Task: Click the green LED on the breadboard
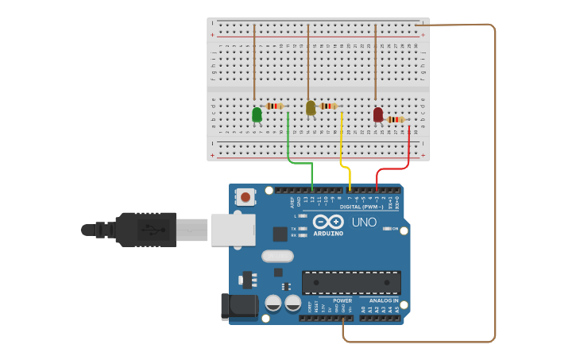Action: (x=257, y=114)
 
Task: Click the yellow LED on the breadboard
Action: (x=311, y=107)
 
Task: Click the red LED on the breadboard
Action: (x=377, y=114)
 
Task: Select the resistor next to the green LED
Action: (x=275, y=106)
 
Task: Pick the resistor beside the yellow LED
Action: (x=329, y=106)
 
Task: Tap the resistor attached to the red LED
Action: (x=395, y=120)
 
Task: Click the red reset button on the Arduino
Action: (x=245, y=196)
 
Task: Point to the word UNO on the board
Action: (x=364, y=223)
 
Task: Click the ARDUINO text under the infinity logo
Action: (x=328, y=234)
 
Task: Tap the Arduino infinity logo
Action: (x=328, y=222)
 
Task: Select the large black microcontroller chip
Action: (x=351, y=282)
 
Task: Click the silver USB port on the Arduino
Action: (x=233, y=230)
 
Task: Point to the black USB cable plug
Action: (x=146, y=230)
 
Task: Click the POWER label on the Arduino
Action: (x=342, y=300)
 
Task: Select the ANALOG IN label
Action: (x=384, y=300)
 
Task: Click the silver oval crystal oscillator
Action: (x=277, y=256)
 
